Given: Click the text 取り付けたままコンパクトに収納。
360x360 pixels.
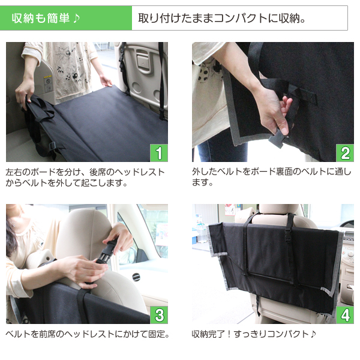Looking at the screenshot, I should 222,18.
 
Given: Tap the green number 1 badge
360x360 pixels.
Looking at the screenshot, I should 158,153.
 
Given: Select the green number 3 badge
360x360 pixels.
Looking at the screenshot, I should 158,315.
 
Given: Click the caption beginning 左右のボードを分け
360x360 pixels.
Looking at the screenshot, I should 84,177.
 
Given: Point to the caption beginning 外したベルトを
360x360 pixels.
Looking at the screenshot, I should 270,177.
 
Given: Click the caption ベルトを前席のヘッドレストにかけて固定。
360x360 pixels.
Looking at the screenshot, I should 87,334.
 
